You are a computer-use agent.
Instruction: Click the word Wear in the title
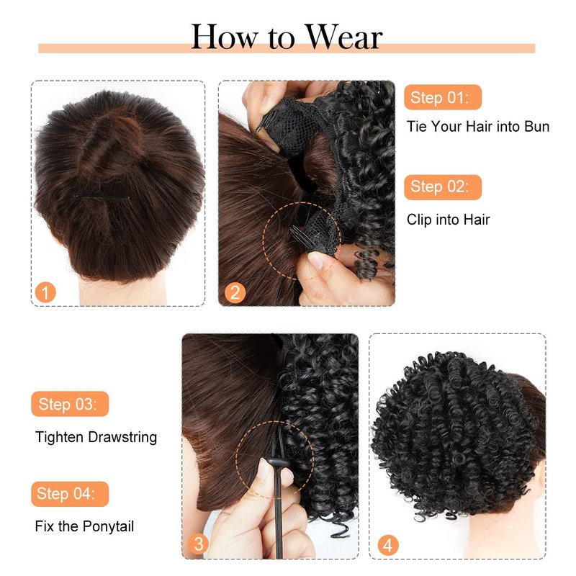tap(344, 37)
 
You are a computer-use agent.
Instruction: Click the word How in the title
tap(224, 37)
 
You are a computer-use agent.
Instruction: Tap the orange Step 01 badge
tap(443, 97)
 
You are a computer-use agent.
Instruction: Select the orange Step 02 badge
tap(443, 187)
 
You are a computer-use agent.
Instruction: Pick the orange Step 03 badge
tap(70, 404)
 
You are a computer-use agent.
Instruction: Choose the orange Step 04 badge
tap(70, 494)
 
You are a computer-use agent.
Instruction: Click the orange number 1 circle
tap(45, 292)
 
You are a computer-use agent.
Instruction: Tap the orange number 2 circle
tap(235, 292)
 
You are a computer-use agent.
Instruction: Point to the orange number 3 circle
tap(199, 544)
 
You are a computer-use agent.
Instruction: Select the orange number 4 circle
tap(388, 545)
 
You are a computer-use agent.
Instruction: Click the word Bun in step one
tap(536, 127)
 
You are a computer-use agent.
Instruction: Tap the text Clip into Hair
tap(448, 220)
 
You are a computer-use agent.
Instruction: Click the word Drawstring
tap(122, 438)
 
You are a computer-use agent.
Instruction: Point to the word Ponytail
tap(108, 527)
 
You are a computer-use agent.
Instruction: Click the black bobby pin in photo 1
tap(102, 197)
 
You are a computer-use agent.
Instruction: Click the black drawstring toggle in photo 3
tap(278, 464)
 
